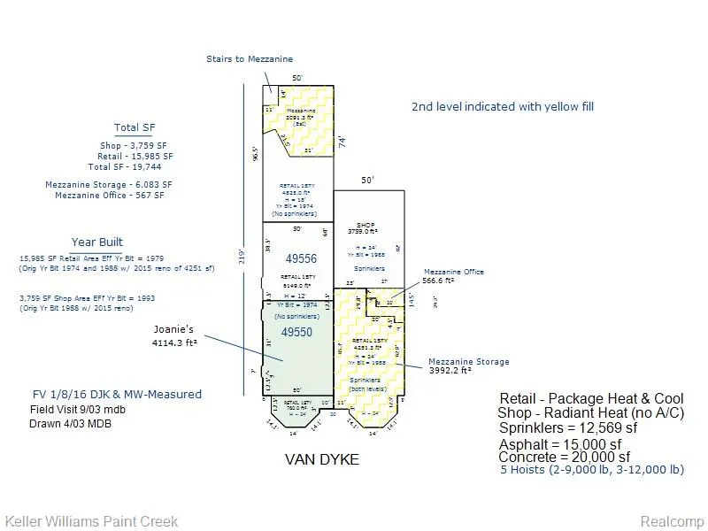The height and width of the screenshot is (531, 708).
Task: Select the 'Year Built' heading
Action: click(x=97, y=242)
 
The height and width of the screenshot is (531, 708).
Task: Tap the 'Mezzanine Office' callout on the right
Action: click(x=454, y=272)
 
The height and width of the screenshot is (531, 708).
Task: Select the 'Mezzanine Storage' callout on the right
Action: click(x=468, y=362)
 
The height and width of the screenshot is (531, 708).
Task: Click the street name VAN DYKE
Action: click(x=322, y=459)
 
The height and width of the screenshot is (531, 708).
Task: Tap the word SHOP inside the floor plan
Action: click(x=366, y=225)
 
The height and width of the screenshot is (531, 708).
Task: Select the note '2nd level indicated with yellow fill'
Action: click(x=503, y=106)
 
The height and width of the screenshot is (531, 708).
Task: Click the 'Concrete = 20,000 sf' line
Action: click(x=565, y=457)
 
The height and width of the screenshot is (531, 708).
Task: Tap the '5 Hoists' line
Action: click(x=591, y=470)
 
